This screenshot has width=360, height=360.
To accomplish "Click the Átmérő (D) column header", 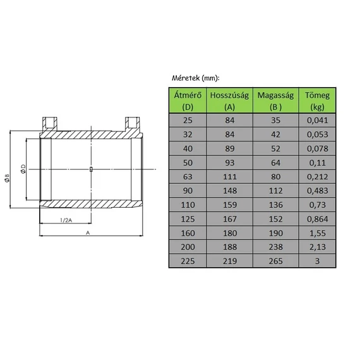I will [187, 101].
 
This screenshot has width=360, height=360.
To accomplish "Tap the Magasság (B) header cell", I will [275, 101].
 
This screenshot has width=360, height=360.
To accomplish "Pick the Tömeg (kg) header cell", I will [317, 101].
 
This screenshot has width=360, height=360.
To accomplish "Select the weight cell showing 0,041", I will [317, 120].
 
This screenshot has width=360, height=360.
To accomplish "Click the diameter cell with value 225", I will [187, 261].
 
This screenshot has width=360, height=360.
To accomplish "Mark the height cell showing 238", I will [275, 247].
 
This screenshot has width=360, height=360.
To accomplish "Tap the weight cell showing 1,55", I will [317, 234].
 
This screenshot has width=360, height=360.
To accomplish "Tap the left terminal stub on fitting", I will [50, 122].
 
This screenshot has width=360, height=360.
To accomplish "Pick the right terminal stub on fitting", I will [133, 122].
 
